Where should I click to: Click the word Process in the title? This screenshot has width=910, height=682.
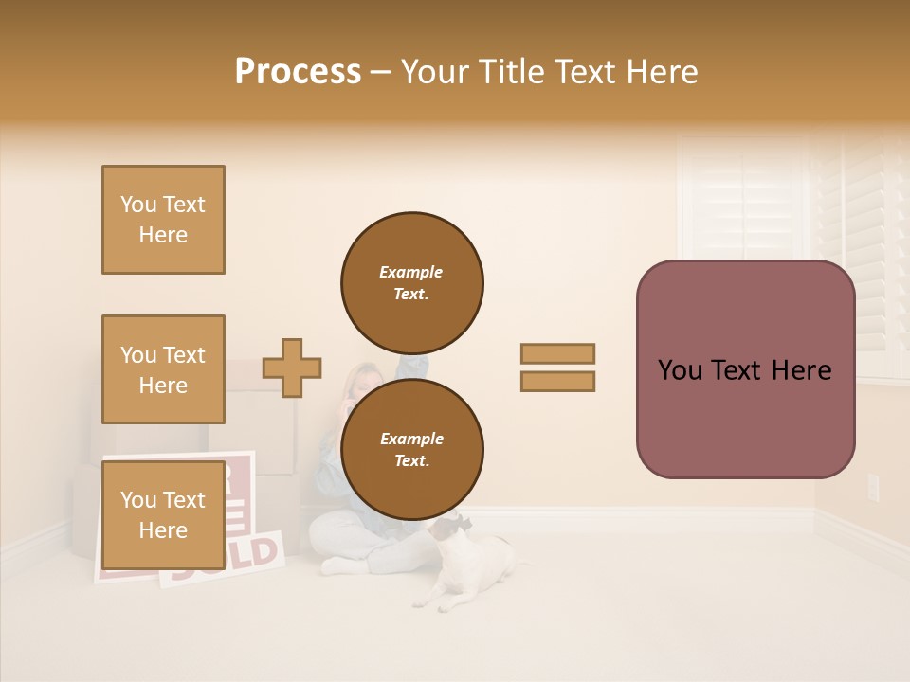[x=298, y=72]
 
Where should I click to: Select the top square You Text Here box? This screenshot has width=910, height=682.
[x=163, y=220]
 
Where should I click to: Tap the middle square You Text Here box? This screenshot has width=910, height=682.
[x=163, y=369]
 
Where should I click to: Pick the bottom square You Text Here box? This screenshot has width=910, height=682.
[x=163, y=514]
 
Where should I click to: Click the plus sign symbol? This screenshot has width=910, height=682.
[x=292, y=368]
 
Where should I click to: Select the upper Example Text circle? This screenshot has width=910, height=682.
[x=411, y=282]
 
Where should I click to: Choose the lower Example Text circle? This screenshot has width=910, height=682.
[x=411, y=449]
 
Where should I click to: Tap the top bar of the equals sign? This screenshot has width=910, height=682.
[x=557, y=353]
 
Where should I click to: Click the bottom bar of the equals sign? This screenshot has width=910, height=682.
[x=557, y=381]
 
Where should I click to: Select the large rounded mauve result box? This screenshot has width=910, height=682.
[x=745, y=368]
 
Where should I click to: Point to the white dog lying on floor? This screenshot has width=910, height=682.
[x=474, y=568]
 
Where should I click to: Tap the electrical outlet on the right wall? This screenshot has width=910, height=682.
[x=873, y=488]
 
